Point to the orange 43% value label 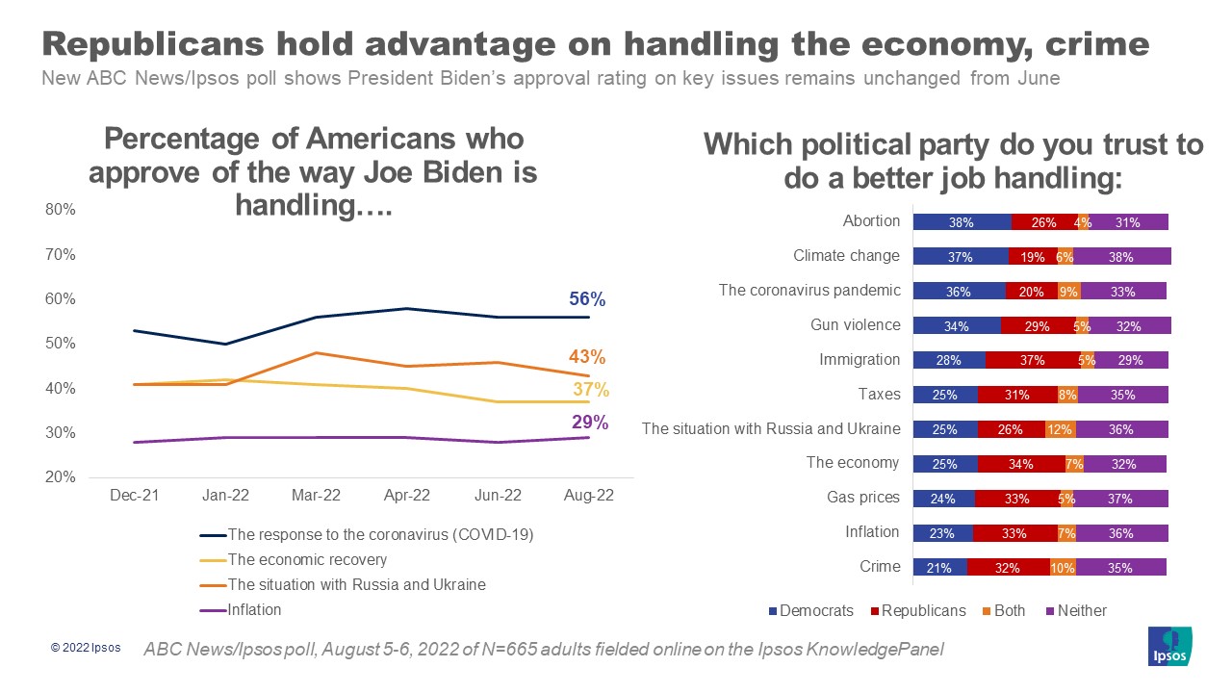(x=586, y=357)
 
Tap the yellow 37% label (x=591, y=389)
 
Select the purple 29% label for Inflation (x=589, y=422)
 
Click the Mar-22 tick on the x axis (x=316, y=496)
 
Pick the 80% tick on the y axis (x=61, y=210)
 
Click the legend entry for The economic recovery (x=306, y=559)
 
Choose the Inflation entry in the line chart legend (x=254, y=609)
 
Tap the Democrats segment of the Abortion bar (x=961, y=221)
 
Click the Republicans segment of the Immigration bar (x=1032, y=360)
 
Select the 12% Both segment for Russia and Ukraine (x=1060, y=429)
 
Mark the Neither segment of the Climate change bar (x=1122, y=256)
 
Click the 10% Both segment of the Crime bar (x=1063, y=568)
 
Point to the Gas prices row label (x=862, y=498)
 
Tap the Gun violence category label (x=856, y=324)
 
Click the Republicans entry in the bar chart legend (x=923, y=610)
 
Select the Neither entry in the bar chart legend (x=1081, y=610)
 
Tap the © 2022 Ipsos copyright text (x=86, y=648)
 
